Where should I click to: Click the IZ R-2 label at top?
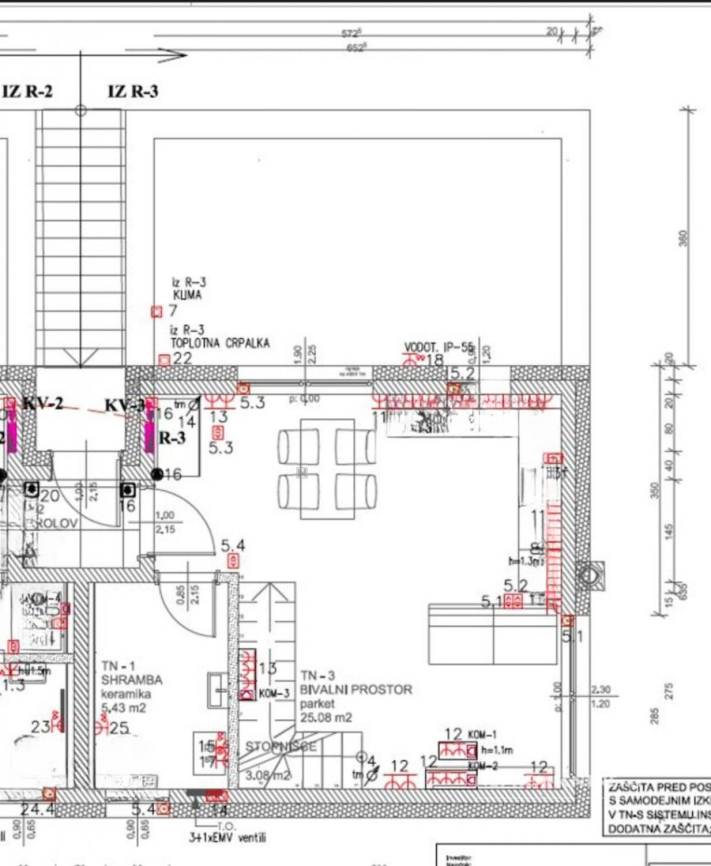coord(28,92)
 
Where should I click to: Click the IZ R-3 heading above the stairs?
coord(133,91)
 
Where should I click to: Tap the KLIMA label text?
coord(187,296)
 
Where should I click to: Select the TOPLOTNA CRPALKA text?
coord(219,343)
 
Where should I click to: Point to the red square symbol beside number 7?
coord(157,311)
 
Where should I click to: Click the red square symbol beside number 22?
coord(164,360)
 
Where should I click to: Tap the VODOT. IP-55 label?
coord(439,348)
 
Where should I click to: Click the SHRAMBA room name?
coord(131,679)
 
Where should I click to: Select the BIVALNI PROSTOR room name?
coord(356,689)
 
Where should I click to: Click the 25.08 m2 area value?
coord(326,717)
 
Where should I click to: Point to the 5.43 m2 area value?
coord(123,708)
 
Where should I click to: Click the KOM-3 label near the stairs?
coord(275,693)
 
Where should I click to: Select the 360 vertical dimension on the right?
coord(683,238)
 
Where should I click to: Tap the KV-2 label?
coord(43,404)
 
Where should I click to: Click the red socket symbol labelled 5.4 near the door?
coord(233,560)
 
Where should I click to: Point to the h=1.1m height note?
coord(497,750)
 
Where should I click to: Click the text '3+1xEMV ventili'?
coord(227,838)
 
